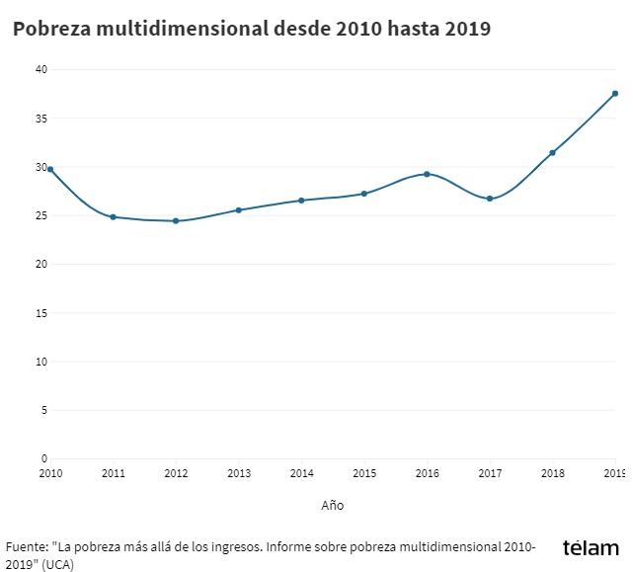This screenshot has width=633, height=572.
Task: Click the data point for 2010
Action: click(x=50, y=169)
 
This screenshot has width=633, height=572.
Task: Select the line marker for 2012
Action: click(x=176, y=220)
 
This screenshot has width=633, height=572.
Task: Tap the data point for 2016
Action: click(x=427, y=174)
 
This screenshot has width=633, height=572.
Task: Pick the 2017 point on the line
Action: click(x=490, y=199)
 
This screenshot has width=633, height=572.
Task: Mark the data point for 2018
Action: click(x=552, y=152)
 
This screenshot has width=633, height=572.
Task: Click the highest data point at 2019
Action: click(x=614, y=94)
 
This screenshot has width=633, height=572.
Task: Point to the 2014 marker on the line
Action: click(x=301, y=201)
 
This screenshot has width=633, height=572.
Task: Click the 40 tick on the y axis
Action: click(x=40, y=69)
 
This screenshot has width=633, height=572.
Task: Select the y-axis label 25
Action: click(x=40, y=215)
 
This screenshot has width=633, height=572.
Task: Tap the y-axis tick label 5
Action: click(x=43, y=410)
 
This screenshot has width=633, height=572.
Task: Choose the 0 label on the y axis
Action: click(x=43, y=458)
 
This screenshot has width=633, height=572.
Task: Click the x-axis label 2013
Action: click(x=239, y=474)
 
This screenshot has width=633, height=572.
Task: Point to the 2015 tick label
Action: click(x=364, y=474)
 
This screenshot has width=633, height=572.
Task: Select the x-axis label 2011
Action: click(x=114, y=474)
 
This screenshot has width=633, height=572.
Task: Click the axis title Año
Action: click(x=332, y=505)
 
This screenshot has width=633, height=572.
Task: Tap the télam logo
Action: click(x=591, y=548)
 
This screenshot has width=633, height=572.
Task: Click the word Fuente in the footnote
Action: click(x=26, y=546)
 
